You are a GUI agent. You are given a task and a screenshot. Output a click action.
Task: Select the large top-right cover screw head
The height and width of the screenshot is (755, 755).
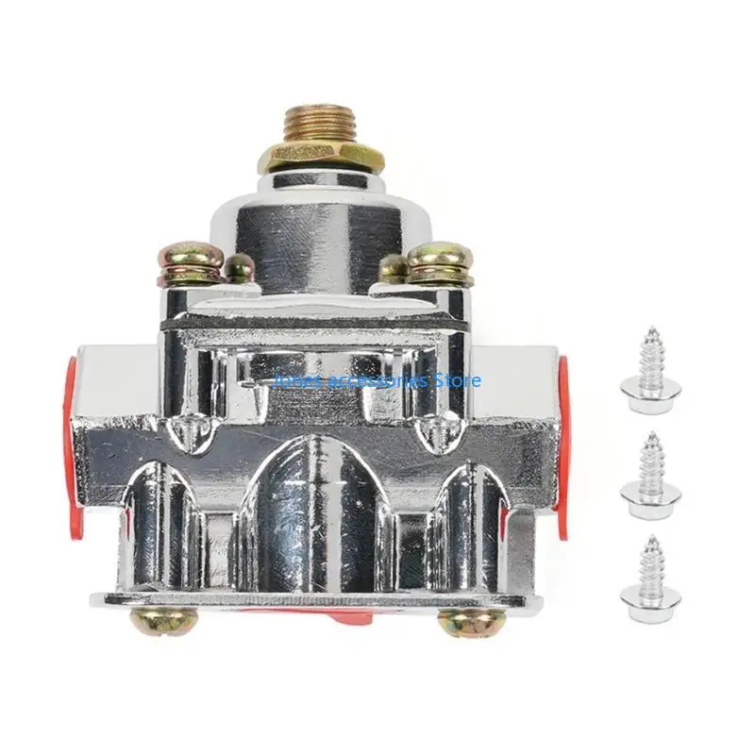point(440,262)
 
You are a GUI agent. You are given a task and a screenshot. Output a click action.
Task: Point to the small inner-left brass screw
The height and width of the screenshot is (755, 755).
point(240,267)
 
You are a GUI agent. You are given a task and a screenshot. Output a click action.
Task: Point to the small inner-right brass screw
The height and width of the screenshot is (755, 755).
point(394,268)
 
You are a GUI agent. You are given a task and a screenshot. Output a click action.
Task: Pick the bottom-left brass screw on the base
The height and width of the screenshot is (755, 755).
point(163,621)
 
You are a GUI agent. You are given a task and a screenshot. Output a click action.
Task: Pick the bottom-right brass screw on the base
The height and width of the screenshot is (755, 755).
point(471,621)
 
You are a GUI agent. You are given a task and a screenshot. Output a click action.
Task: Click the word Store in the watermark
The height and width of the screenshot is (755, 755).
point(459,380)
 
